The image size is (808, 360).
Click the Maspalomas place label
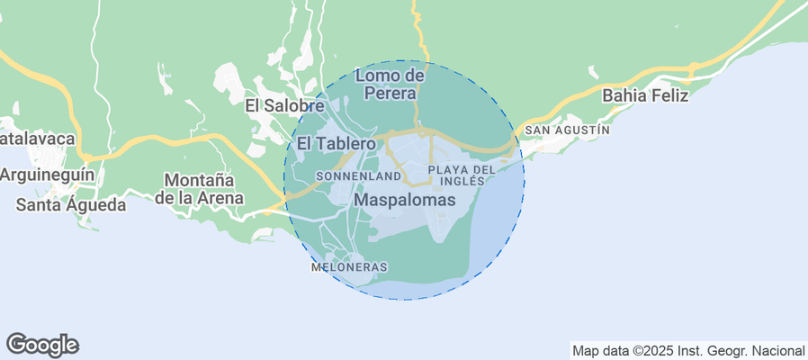click(405, 200)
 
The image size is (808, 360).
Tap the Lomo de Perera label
click(390, 84)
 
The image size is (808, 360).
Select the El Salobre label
click(284, 105)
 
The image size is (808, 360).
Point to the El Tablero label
click(336, 144)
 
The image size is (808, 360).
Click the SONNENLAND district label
click(358, 176)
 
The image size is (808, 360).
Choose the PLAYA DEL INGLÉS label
click(462, 175)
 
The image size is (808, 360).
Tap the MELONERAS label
click(349, 267)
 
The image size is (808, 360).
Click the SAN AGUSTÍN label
click(567, 130)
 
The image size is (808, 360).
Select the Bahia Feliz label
click(645, 94)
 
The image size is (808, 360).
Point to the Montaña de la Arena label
click(199, 189)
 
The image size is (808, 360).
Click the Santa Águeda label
click(71, 205)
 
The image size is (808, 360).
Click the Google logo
click(42, 344)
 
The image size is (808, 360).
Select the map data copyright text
click(688, 350)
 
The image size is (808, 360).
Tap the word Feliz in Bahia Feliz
click(670, 94)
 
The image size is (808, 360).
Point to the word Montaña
click(199, 180)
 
